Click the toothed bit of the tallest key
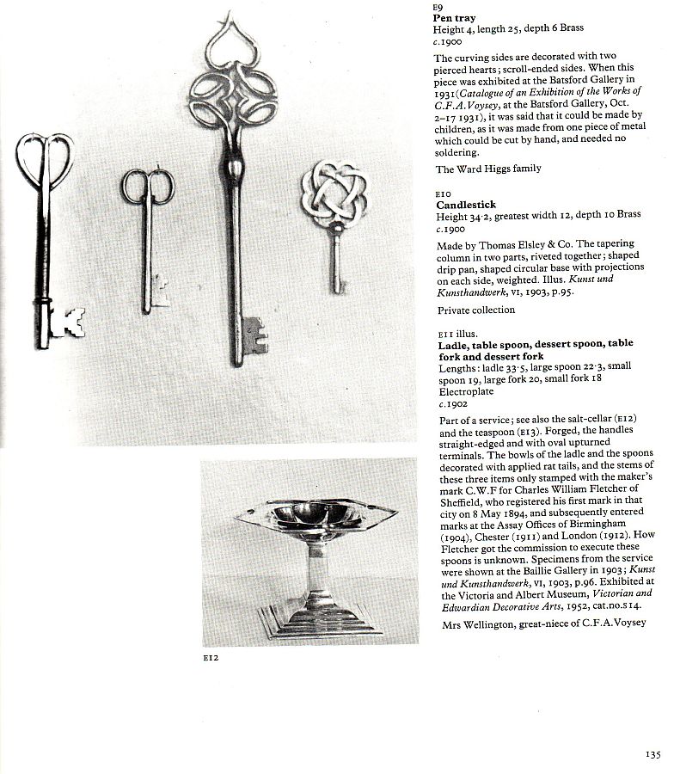254,336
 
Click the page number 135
653,754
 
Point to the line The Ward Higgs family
488,169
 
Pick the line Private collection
475,310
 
